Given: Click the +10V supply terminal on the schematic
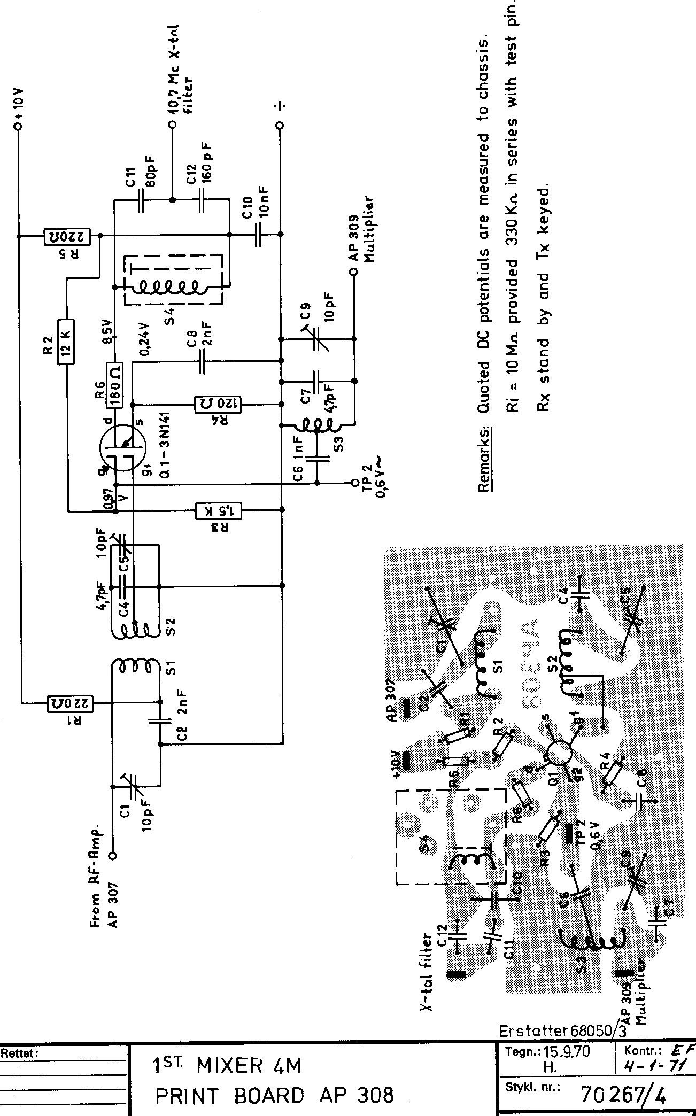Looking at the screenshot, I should point(19,127).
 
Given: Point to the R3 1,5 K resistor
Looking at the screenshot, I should point(220,510).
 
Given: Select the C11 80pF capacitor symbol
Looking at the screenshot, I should point(142,200).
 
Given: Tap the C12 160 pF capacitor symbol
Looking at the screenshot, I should point(202,200).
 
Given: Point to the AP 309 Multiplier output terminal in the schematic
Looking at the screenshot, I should point(353,272).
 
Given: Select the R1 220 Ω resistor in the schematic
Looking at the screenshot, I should point(71,702).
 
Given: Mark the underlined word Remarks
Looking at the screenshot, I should point(484,459).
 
